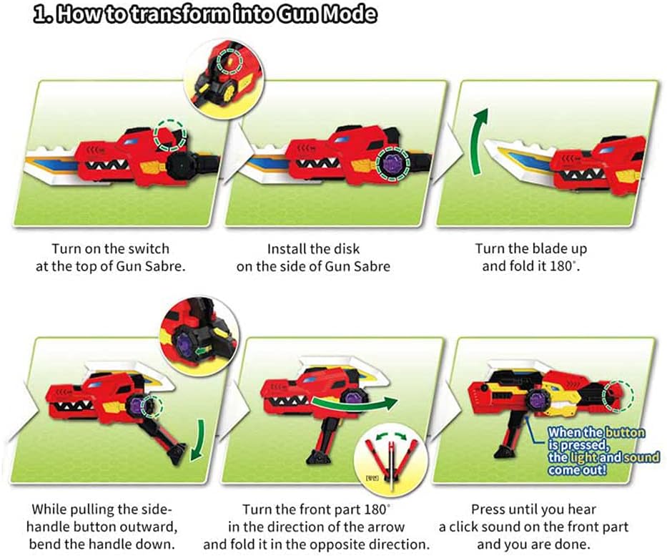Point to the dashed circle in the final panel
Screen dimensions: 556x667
(x=618, y=394)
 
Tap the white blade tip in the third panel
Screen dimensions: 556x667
(x=493, y=149)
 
